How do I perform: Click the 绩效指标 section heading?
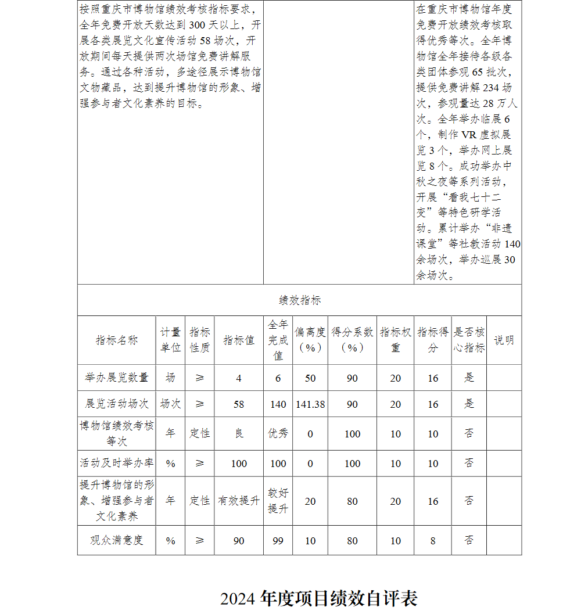[299, 300]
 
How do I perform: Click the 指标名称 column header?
[116, 340]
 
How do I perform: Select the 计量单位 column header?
[170, 340]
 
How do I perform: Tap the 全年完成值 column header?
[278, 340]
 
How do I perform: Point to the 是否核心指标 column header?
[469, 340]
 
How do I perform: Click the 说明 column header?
[504, 340]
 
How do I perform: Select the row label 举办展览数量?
[116, 378]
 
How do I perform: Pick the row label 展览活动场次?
[116, 404]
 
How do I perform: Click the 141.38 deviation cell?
[310, 404]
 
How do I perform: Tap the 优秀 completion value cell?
[278, 433]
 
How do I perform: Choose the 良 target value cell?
[239, 433]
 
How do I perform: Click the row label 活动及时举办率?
[116, 463]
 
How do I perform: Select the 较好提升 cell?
[278, 501]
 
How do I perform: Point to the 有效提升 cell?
[239, 501]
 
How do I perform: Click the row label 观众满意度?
[116, 540]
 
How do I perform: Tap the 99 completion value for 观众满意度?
[278, 541]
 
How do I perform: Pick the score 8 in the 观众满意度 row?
[433, 541]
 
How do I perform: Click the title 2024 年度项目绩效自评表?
[319, 598]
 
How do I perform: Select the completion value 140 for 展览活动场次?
[278, 404]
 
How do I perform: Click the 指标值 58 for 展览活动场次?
[239, 404]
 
